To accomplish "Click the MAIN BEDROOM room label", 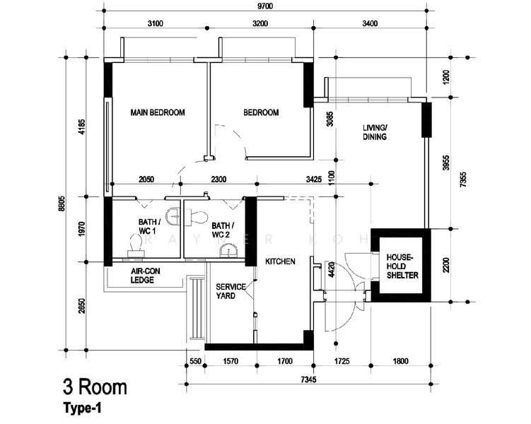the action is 158,112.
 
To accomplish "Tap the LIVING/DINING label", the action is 375,132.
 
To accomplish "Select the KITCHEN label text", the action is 280,261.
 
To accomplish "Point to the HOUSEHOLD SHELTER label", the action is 402,266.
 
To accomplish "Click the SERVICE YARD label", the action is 231,291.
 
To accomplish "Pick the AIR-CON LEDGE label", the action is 145,276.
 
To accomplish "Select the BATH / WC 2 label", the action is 223,230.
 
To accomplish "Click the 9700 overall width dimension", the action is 265,6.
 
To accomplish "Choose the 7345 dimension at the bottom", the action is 308,379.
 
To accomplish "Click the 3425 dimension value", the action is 314,179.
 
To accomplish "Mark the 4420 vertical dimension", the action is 332,270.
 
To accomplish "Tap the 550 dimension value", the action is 195,361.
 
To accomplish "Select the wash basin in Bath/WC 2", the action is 228,252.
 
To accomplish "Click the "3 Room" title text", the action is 95,387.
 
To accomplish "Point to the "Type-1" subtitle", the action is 82,408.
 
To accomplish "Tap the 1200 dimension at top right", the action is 447,77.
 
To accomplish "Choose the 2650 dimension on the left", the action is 81,305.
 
